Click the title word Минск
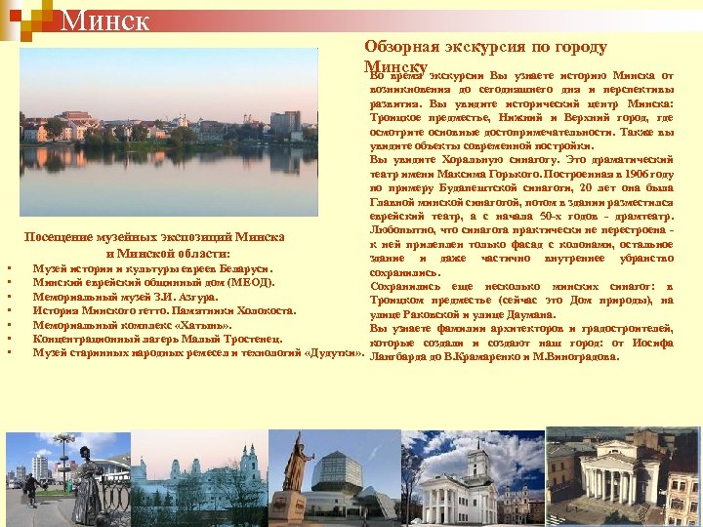tap(104, 19)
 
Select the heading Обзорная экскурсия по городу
tap(485, 46)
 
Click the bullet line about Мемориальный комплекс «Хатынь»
tap(132, 324)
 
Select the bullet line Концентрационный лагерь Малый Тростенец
tap(157, 338)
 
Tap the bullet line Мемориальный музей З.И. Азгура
tap(125, 296)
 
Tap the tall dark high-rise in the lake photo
tap(285, 122)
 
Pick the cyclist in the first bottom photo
tap(32, 489)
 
